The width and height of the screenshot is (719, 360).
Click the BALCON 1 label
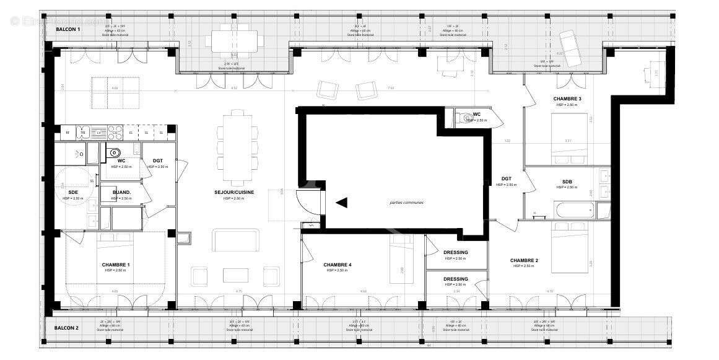tap(68, 29)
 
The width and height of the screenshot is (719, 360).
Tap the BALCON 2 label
tap(66, 328)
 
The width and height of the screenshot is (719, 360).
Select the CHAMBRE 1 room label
tap(115, 265)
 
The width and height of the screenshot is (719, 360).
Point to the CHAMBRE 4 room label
tap(337, 265)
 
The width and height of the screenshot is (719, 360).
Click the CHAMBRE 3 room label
tap(567, 99)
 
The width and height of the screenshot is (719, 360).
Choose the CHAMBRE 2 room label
tap(523, 260)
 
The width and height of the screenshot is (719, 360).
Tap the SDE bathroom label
tap(73, 192)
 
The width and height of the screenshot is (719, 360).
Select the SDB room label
tap(567, 182)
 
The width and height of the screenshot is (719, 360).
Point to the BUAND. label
tap(121, 193)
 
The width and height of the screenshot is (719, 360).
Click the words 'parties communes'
tap(406, 203)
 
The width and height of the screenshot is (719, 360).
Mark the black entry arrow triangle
tap(341, 202)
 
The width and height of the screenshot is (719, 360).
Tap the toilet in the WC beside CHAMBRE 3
tap(465, 118)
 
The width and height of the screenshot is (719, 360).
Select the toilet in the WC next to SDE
tap(115, 152)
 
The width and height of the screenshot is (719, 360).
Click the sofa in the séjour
tap(235, 240)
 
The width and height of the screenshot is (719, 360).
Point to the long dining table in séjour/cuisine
tap(237, 147)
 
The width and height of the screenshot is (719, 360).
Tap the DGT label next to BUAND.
tap(158, 161)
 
